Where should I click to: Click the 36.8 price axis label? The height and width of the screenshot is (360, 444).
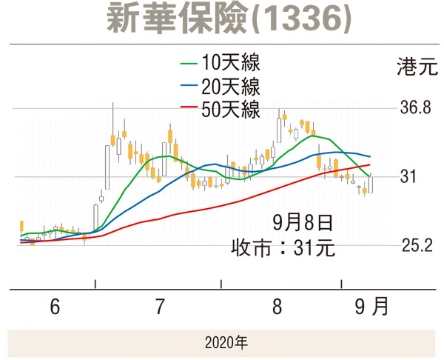416,108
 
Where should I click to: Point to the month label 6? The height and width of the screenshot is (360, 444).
55,306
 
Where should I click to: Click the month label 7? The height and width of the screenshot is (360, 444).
160,306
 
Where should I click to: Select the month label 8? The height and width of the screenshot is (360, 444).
277,306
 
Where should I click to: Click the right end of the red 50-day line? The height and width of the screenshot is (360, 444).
369,165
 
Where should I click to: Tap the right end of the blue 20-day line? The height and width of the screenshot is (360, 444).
369,156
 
